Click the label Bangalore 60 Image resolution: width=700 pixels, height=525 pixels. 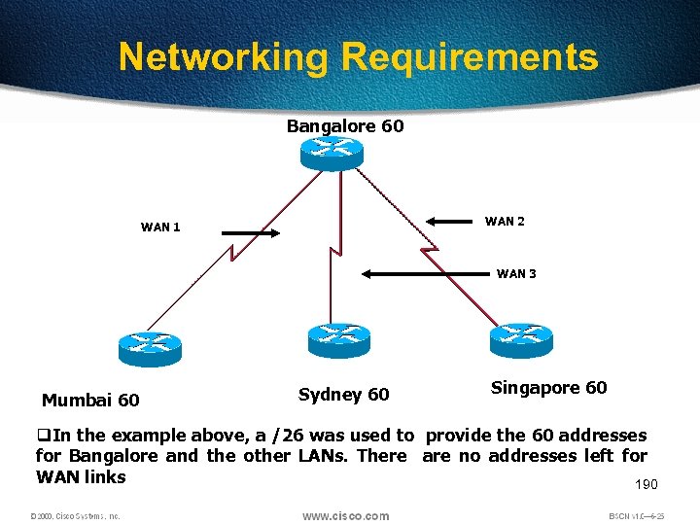[x=345, y=126]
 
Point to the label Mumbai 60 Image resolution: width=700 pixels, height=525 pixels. [x=90, y=400]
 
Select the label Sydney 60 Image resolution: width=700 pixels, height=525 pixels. [x=343, y=394]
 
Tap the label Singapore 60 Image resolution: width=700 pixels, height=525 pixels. [x=548, y=388]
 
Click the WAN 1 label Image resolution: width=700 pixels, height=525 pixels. [x=160, y=227]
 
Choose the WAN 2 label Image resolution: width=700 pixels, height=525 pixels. [x=505, y=222]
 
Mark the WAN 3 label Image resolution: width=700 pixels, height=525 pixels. [x=516, y=274]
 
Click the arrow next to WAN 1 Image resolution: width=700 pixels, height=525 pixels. [x=251, y=233]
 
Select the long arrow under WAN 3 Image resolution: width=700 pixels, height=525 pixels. [x=423, y=275]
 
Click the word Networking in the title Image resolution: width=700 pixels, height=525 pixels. [x=225, y=57]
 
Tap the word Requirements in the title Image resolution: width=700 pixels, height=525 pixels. [x=470, y=57]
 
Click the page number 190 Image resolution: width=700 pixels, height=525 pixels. [x=646, y=484]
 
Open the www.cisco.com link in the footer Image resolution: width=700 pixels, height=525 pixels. [x=345, y=515]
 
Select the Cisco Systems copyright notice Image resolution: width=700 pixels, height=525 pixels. [x=75, y=516]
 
